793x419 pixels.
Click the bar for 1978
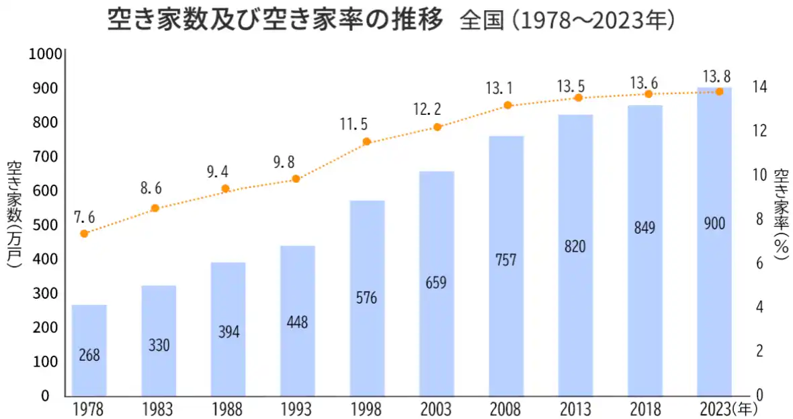[89, 349]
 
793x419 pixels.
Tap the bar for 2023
[714, 241]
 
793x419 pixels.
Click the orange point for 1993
[296, 179]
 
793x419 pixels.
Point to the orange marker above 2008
[507, 105]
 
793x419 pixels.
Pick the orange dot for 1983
[155, 208]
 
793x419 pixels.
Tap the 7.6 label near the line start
[84, 217]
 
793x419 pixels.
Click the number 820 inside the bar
[575, 246]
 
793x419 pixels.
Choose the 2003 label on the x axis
[436, 409]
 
